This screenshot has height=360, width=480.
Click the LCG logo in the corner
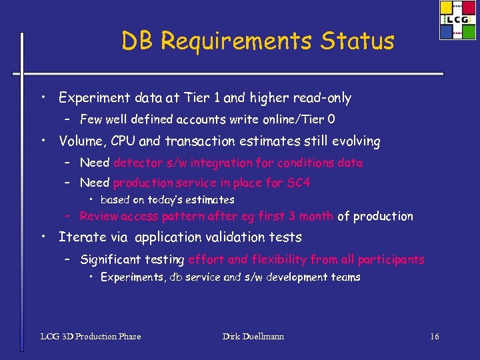pos(457,20)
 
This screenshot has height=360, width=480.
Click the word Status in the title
pos(357,41)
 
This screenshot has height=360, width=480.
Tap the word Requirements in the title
pos(236,42)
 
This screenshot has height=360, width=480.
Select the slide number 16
pos(434,337)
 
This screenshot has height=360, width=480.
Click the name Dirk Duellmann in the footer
pos(253,337)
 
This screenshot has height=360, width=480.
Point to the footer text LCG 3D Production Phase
pos(91,337)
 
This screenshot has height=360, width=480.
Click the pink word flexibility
pos(278,259)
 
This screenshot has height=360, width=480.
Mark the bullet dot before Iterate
pos(42,237)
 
